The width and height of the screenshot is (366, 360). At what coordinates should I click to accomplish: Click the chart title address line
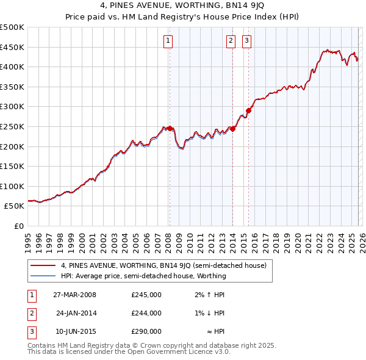(182, 7)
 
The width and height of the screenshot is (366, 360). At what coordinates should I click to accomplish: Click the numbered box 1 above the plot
(168, 41)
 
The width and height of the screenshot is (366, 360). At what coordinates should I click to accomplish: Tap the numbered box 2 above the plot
(231, 41)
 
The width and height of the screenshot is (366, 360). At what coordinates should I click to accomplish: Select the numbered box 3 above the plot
(246, 41)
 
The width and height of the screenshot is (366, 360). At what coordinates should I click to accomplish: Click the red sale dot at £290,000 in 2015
(248, 110)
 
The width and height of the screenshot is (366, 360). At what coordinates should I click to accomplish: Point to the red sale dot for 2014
(233, 129)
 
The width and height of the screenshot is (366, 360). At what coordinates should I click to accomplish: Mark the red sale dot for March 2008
(170, 128)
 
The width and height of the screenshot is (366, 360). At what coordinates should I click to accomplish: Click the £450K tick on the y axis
(12, 47)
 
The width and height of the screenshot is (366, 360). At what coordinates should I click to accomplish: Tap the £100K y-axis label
(12, 186)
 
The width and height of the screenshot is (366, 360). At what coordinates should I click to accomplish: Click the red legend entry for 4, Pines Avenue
(163, 265)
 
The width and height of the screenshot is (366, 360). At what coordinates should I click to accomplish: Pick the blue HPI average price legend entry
(143, 276)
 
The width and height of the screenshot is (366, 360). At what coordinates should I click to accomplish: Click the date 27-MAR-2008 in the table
(74, 295)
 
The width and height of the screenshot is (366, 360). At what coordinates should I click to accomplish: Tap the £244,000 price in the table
(146, 313)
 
